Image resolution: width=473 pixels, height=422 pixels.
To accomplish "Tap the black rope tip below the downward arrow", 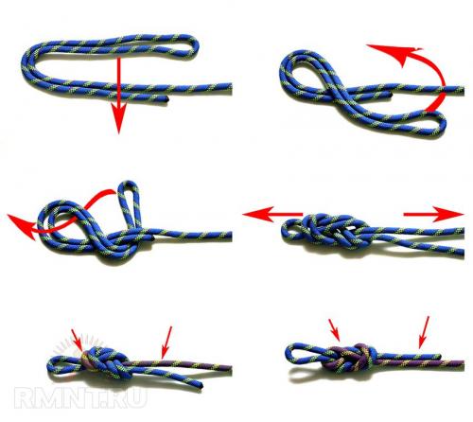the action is point(166,99).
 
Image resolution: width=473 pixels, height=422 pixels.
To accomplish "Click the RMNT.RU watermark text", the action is point(80,398).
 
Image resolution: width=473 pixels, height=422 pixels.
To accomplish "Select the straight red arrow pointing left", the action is point(272,215).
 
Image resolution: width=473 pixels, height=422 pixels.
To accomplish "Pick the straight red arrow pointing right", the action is point(433,214).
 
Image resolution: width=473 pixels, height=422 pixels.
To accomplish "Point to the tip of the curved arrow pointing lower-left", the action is point(9,216).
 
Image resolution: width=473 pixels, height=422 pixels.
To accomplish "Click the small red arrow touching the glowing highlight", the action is point(77,340).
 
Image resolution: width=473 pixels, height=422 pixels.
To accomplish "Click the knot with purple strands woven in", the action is point(350,359).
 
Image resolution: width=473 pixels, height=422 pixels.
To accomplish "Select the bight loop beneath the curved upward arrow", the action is point(438,125).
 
